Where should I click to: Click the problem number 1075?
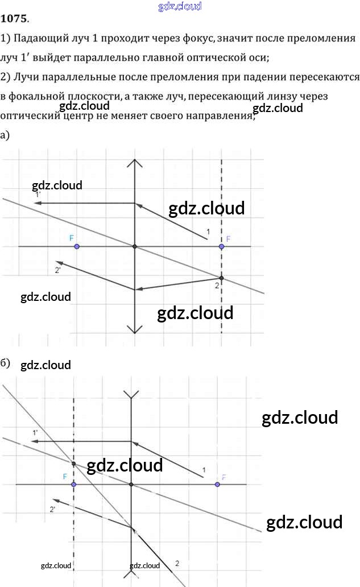tap(14, 19)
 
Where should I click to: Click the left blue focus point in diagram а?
tap(77, 246)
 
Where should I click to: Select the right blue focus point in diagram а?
tap(221, 246)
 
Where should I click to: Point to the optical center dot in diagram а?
tap(135, 246)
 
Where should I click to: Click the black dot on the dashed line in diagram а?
tap(221, 278)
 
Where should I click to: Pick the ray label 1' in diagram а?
tap(38, 195)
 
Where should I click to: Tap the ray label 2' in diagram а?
tap(58, 270)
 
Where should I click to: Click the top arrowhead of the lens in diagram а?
tap(135, 163)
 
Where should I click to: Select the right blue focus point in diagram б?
tap(217, 485)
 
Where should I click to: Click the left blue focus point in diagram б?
tap(74, 485)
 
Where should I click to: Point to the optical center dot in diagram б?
tap(131, 485)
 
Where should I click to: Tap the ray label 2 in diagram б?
tap(177, 563)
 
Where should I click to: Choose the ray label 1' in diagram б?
tap(35, 433)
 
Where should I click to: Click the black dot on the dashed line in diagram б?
tap(74, 464)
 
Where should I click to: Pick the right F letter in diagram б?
tap(224, 477)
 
